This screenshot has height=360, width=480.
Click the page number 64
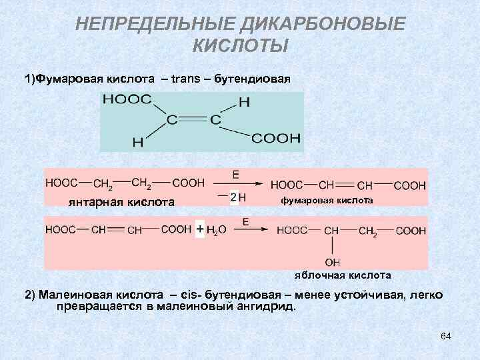tap(445, 337)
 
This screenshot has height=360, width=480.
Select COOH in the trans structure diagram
tap(276, 139)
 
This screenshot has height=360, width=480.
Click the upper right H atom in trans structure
tap(244, 103)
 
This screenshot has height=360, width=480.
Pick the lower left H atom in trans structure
tap(137, 141)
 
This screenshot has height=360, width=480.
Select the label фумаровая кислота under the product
tap(327, 201)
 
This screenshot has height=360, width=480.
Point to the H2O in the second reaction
tap(217, 231)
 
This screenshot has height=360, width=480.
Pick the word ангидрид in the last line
tap(269, 307)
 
